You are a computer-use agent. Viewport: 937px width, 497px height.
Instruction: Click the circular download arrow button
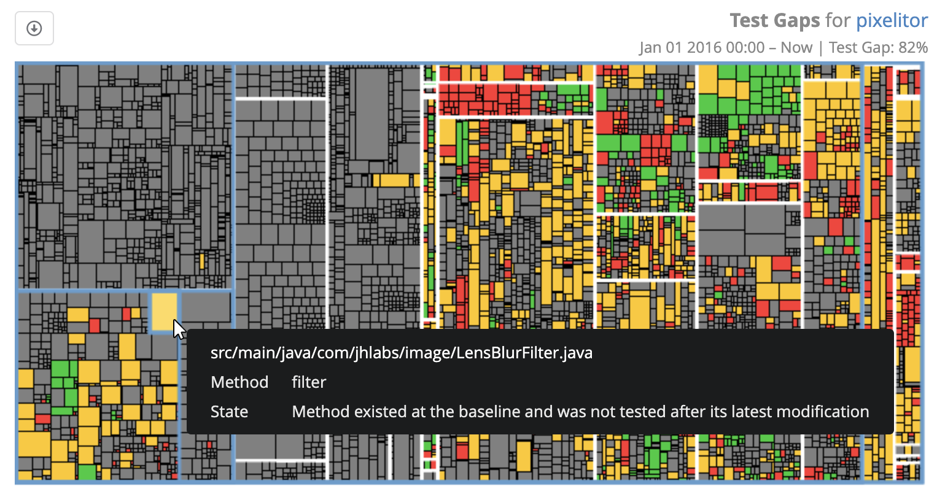coord(34,28)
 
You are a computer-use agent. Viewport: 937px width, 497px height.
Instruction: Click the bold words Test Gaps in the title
coord(774,21)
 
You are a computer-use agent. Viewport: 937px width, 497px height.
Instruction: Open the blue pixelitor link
coord(892,21)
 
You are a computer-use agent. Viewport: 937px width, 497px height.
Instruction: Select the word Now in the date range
coord(796,48)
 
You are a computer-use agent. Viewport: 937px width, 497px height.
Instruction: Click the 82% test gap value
coord(912,48)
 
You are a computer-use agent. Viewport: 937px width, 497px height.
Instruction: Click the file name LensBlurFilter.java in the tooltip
coord(524,353)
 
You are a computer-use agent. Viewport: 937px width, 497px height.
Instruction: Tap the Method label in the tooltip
coord(239,382)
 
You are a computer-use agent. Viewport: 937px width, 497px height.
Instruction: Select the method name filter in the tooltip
coord(309,382)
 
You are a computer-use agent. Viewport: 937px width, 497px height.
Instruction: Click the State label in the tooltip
coord(229,412)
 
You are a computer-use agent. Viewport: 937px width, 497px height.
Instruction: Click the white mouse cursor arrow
coord(179,329)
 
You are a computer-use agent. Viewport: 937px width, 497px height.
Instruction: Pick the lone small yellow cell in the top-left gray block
coord(201,261)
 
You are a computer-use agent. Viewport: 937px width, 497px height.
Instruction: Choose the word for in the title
coord(838,21)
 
